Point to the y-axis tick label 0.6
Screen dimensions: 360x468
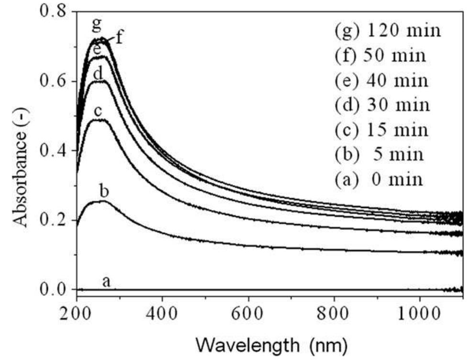click(52, 81)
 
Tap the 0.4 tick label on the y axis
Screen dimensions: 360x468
click(52, 151)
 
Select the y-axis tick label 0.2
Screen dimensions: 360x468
click(52, 220)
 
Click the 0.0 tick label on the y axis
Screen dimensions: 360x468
click(52, 290)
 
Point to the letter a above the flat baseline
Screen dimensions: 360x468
click(106, 282)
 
